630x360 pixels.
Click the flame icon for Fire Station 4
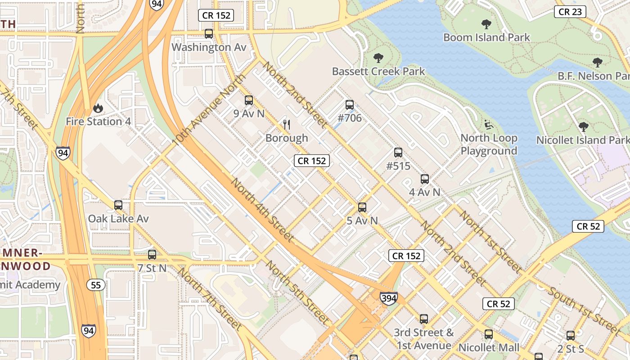pos(98,108)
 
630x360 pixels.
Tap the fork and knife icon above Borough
pos(287,124)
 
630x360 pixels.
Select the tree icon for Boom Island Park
pos(486,24)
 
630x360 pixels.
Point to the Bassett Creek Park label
pos(378,71)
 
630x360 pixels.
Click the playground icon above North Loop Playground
pos(489,124)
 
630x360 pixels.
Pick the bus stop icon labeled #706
pos(350,105)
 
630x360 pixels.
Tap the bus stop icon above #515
pos(398,153)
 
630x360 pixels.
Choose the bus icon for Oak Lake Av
pos(118,205)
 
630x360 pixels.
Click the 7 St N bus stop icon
pos(152,254)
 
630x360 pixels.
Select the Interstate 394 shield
pos(388,298)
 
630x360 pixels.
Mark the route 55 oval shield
pos(96,285)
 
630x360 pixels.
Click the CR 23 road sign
pos(570,12)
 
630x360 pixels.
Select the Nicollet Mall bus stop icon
pos(489,334)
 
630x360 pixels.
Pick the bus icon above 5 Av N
pos(362,207)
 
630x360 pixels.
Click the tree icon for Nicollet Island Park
pos(583,127)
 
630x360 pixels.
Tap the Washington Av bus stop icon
pos(209,33)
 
